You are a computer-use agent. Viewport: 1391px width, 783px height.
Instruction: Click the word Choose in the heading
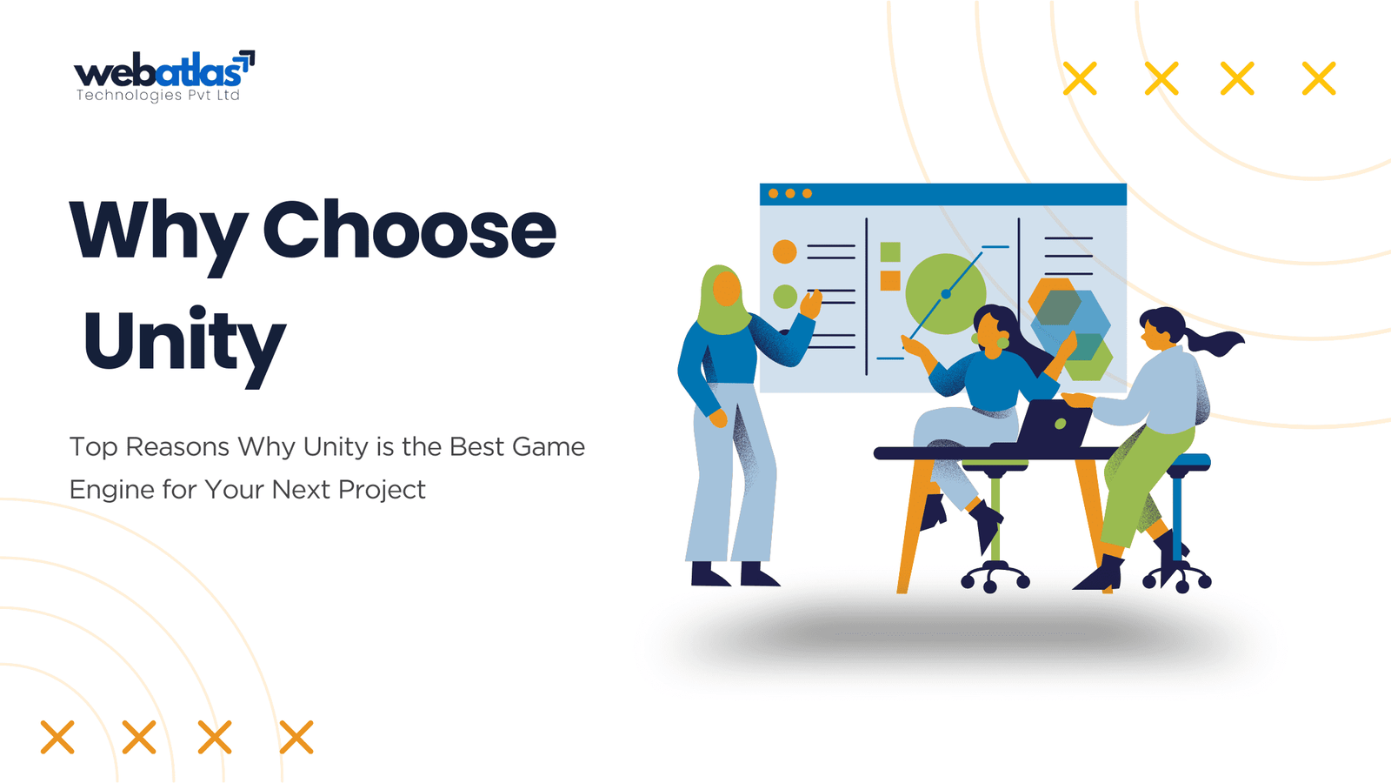[409, 230]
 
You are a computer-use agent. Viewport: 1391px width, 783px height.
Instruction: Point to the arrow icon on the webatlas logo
[247, 61]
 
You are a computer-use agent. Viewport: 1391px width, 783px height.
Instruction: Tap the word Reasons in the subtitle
[177, 447]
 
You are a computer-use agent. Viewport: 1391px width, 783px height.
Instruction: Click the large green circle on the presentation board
[945, 293]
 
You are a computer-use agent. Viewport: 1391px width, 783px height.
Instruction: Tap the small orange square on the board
[890, 281]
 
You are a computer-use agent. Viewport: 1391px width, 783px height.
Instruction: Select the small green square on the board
[890, 251]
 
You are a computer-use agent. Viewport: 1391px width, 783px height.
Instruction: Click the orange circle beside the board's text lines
[784, 251]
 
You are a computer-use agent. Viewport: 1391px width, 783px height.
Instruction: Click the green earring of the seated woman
[1002, 343]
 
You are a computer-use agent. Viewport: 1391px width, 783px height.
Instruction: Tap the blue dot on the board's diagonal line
[946, 294]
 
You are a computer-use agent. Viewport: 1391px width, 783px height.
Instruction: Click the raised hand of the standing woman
[811, 304]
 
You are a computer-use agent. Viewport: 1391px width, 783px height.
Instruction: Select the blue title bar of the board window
[943, 194]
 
